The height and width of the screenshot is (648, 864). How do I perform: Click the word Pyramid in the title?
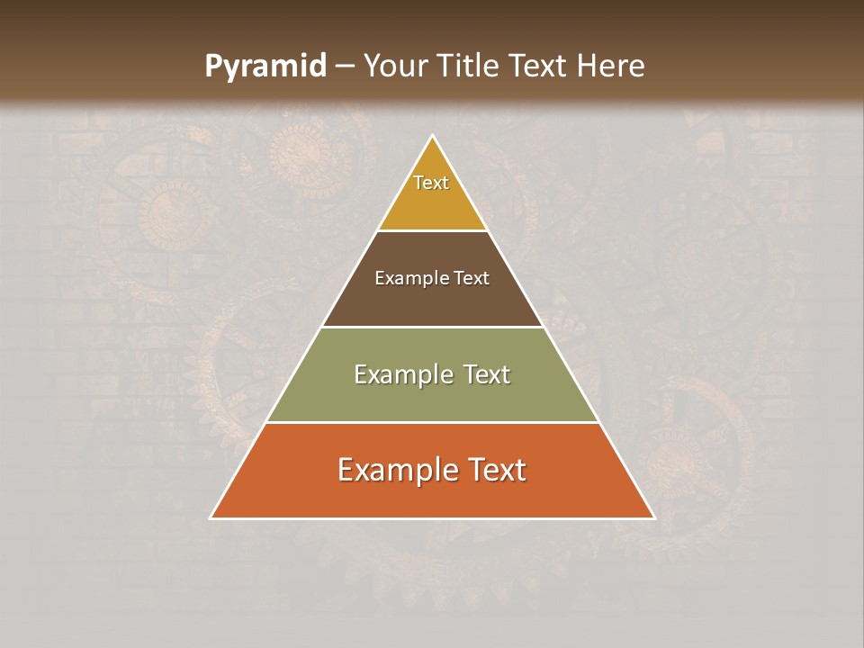[x=265, y=67]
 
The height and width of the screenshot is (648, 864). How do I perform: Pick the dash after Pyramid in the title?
[x=344, y=67]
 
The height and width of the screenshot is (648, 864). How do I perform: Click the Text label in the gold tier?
[x=431, y=183]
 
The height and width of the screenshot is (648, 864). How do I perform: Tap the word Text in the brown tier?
[x=472, y=278]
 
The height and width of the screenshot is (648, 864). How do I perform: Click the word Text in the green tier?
[x=487, y=374]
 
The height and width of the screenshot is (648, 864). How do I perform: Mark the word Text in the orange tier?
[x=497, y=470]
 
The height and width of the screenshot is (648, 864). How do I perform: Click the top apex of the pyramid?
[x=432, y=136]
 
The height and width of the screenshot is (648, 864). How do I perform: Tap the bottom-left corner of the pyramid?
[x=211, y=518]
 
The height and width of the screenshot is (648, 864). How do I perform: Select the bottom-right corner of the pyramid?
[x=654, y=518]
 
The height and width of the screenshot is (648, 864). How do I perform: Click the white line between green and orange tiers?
[x=432, y=422]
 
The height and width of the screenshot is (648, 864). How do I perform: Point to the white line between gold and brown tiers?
[x=432, y=230]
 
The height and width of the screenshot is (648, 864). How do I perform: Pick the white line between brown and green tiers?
[x=432, y=327]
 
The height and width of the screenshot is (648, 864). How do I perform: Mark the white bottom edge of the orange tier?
[x=432, y=518]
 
